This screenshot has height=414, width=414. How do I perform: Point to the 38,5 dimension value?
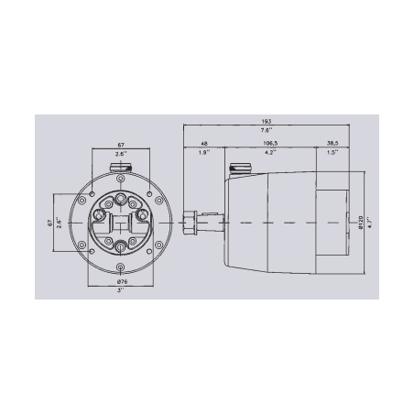coord(335,144)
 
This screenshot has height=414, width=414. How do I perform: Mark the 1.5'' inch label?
coord(335,153)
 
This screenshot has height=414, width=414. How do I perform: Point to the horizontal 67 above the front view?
coord(120,144)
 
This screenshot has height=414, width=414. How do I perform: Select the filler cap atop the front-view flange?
coord(120,168)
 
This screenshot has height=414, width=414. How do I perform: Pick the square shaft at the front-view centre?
coord(120,222)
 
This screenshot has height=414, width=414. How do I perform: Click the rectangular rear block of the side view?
coord(334,222)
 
